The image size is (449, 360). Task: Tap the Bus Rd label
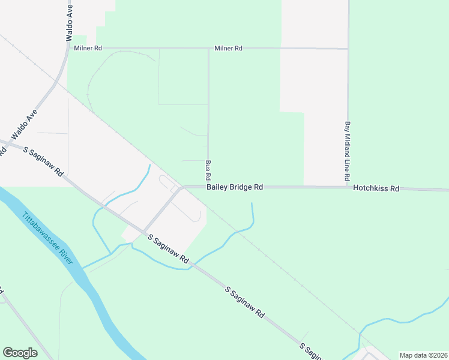[208, 170]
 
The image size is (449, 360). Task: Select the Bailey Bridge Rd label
[235, 187]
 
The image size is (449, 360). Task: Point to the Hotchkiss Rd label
[376, 188]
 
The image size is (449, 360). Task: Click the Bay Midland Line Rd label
[347, 152]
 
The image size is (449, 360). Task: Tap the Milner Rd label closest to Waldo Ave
[88, 48]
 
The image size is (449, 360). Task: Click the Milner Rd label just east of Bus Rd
[229, 48]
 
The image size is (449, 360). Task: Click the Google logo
[20, 353]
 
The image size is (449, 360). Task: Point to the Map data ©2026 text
[423, 355]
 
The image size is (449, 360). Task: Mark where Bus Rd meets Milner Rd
[208, 49]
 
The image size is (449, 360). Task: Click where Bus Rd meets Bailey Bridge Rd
[208, 187]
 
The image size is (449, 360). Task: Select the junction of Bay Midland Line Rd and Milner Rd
[348, 49]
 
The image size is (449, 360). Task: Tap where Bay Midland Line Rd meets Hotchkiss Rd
[348, 187]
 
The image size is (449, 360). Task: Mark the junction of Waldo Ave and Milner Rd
[67, 48]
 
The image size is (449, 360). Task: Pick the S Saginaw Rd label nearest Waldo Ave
[43, 161]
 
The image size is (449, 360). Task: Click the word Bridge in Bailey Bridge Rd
[241, 187]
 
